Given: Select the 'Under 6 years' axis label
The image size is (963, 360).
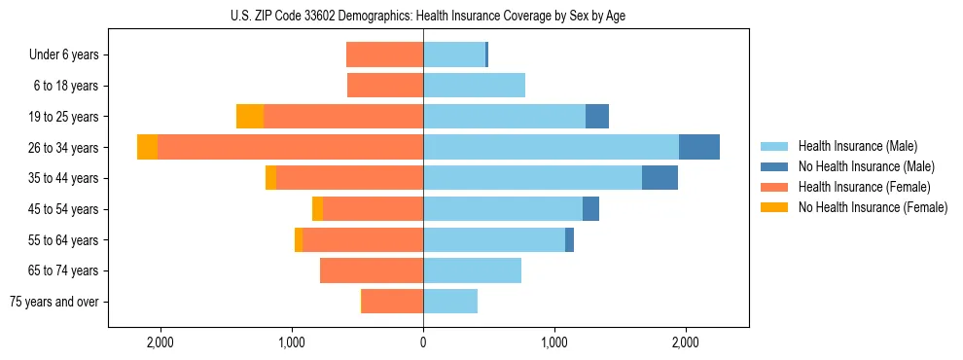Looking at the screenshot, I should click(69, 54).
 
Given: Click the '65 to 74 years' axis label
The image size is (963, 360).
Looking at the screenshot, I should click(66, 270).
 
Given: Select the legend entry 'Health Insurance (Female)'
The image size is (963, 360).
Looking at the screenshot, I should click(857, 187).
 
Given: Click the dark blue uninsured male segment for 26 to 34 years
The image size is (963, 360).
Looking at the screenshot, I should click(698, 147).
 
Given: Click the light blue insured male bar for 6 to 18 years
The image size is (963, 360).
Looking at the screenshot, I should click(474, 86).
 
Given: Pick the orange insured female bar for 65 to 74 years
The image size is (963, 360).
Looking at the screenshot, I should click(372, 270).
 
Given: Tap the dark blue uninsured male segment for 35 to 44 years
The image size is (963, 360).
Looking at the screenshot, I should click(660, 178).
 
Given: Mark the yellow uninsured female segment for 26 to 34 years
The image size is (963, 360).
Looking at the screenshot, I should click(148, 147).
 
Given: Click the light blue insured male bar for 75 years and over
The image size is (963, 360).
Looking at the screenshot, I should click(450, 302).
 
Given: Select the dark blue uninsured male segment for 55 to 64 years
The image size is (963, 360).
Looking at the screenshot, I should click(569, 239).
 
